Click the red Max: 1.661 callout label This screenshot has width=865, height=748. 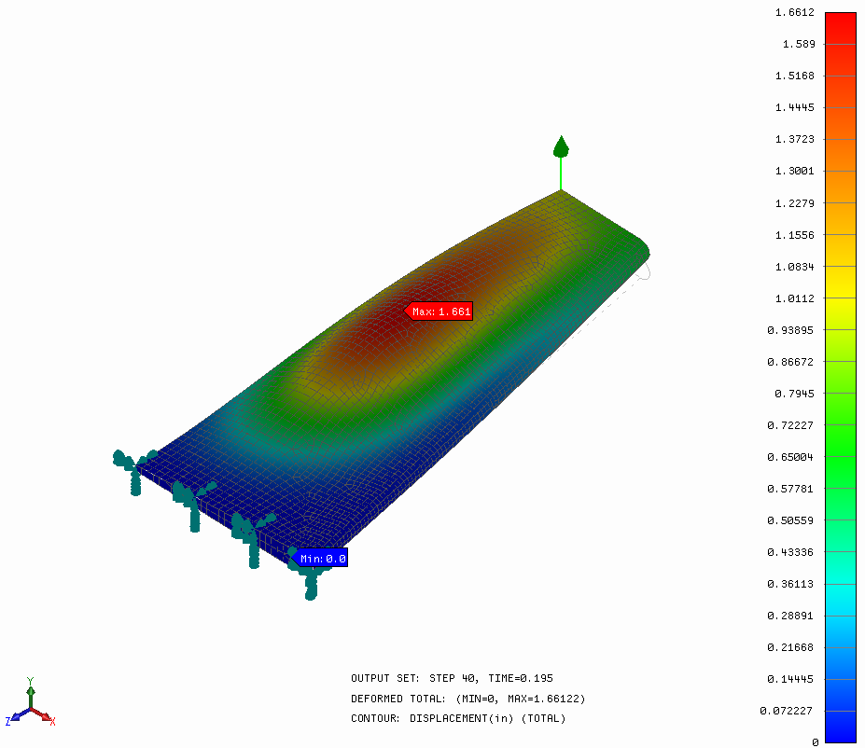click(x=439, y=312)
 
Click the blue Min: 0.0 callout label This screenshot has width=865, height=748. click(x=319, y=559)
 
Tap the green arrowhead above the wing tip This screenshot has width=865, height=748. click(x=561, y=146)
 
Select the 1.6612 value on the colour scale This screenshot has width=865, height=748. click(x=794, y=13)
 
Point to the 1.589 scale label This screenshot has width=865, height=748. click(x=798, y=44)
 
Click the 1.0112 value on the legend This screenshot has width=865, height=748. click(x=794, y=298)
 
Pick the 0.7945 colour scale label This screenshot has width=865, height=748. click(x=794, y=394)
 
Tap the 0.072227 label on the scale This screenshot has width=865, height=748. click(x=786, y=711)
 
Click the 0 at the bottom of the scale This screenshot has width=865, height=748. click(x=815, y=742)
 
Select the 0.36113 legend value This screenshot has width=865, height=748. click(x=790, y=584)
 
